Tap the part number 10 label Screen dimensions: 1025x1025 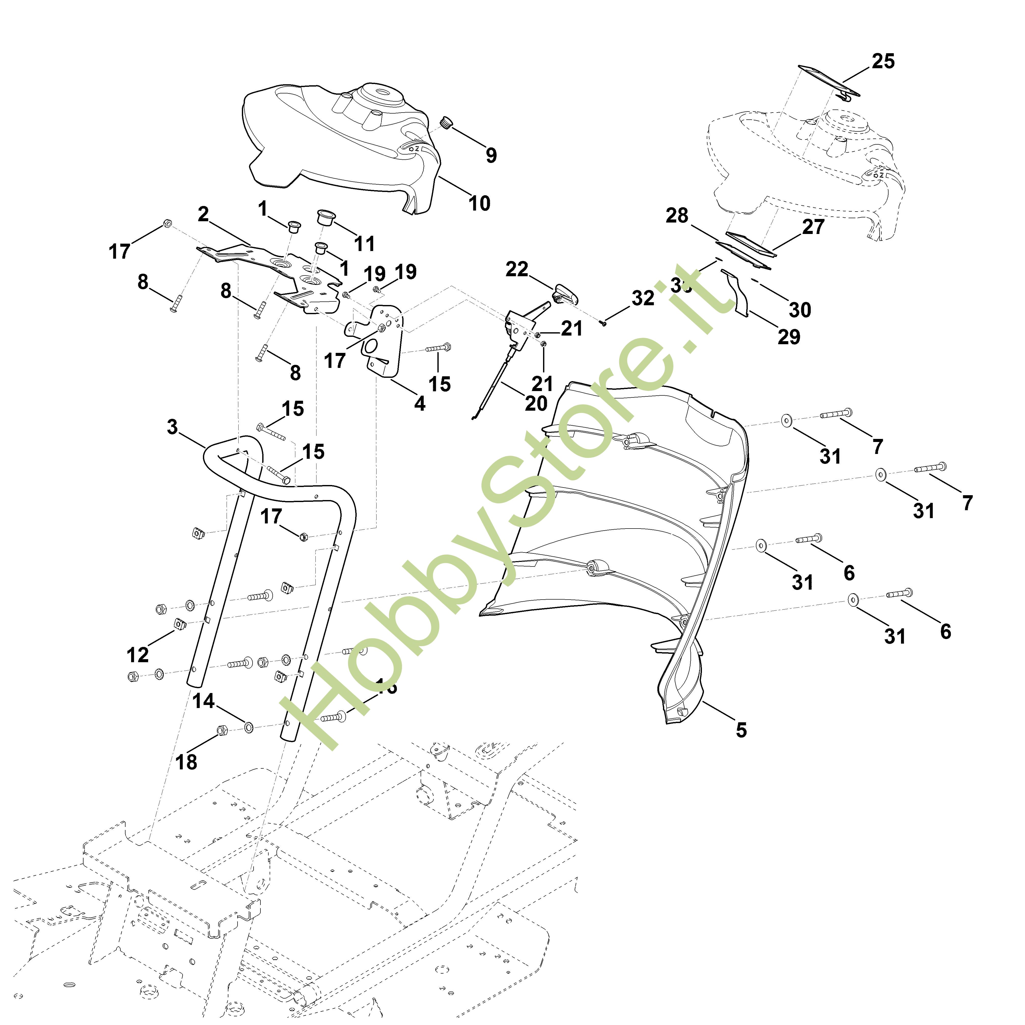[x=479, y=203]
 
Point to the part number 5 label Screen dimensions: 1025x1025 [x=741, y=730]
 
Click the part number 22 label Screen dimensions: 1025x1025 [x=517, y=270]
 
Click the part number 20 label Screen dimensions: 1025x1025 [x=536, y=403]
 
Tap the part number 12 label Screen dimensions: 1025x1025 [x=138, y=655]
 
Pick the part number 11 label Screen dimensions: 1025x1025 [x=365, y=244]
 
